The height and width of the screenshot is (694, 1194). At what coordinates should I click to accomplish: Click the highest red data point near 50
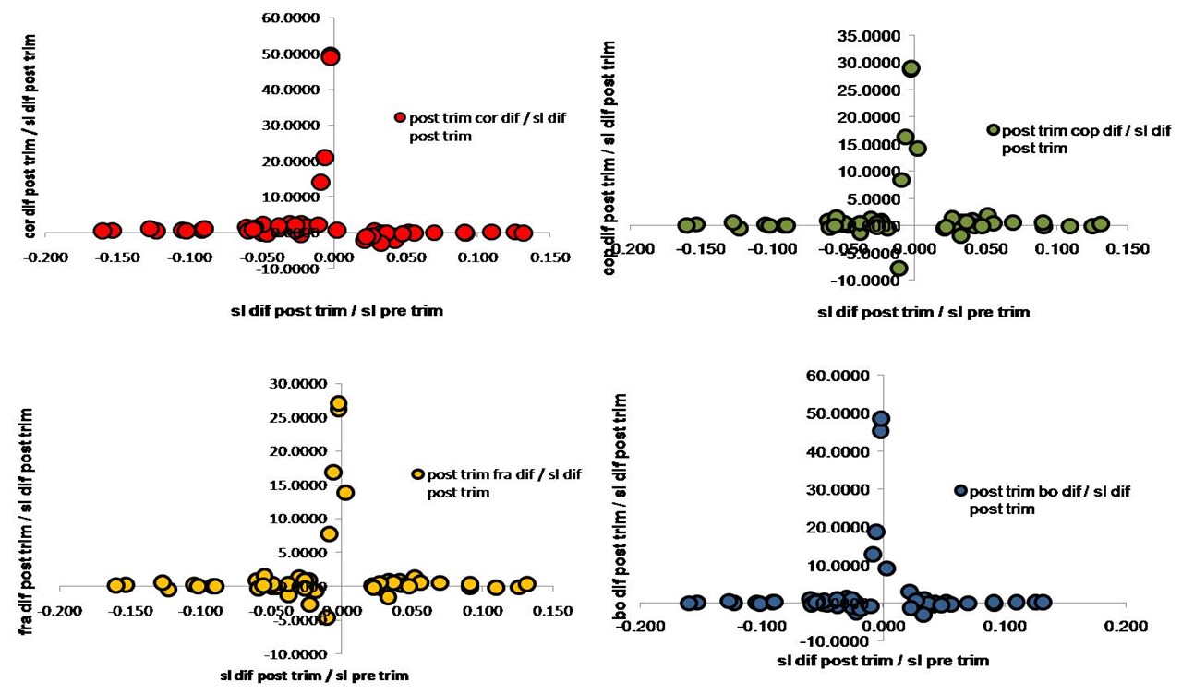[x=330, y=56]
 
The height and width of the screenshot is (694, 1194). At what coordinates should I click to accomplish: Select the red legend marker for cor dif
[x=400, y=117]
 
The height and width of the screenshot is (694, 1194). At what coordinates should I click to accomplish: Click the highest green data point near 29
[x=911, y=68]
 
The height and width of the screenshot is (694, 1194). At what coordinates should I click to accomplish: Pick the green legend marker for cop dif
[x=993, y=130]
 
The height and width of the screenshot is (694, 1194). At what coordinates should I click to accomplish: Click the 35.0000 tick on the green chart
[x=878, y=36]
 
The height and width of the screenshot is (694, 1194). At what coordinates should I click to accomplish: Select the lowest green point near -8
[x=899, y=269]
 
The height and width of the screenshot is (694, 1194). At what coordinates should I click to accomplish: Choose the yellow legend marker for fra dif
[x=418, y=473]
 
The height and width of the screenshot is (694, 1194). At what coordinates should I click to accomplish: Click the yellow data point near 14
[x=345, y=492]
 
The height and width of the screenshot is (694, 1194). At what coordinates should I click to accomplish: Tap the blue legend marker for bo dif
[x=960, y=491]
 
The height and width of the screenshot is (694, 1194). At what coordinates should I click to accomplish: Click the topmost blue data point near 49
[x=881, y=418]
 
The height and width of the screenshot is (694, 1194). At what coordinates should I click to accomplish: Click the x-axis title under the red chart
[x=336, y=311]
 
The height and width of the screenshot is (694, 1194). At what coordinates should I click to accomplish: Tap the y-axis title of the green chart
[x=609, y=157]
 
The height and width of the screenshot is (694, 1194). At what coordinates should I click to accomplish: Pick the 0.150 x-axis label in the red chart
[x=531, y=257]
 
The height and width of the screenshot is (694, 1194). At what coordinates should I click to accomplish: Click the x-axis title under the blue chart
[x=882, y=660]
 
